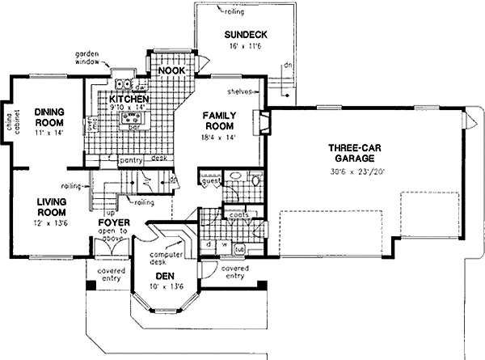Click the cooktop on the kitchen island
[x=129, y=120]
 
